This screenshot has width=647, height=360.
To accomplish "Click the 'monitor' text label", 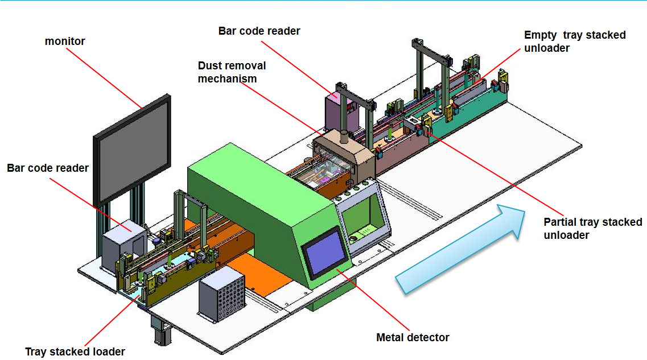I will coord(65,42).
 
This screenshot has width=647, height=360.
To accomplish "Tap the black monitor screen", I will coord(133,150).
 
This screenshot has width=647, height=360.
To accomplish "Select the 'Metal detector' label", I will coord(413,337).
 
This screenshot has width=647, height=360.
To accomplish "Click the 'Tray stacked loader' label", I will coord(75,351).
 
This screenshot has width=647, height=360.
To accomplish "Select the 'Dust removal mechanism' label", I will coord(232,72).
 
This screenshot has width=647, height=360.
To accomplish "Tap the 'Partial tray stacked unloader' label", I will coord(592,228).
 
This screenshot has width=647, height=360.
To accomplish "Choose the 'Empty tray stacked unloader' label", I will coord(575,42).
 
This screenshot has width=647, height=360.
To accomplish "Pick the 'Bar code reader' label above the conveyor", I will coord(259,31).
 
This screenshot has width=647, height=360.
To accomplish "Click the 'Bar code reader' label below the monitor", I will coord(48,168).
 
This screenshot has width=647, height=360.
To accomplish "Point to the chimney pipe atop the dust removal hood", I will coord(344,136).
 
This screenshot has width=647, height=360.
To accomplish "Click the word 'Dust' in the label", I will coord(209,65).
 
